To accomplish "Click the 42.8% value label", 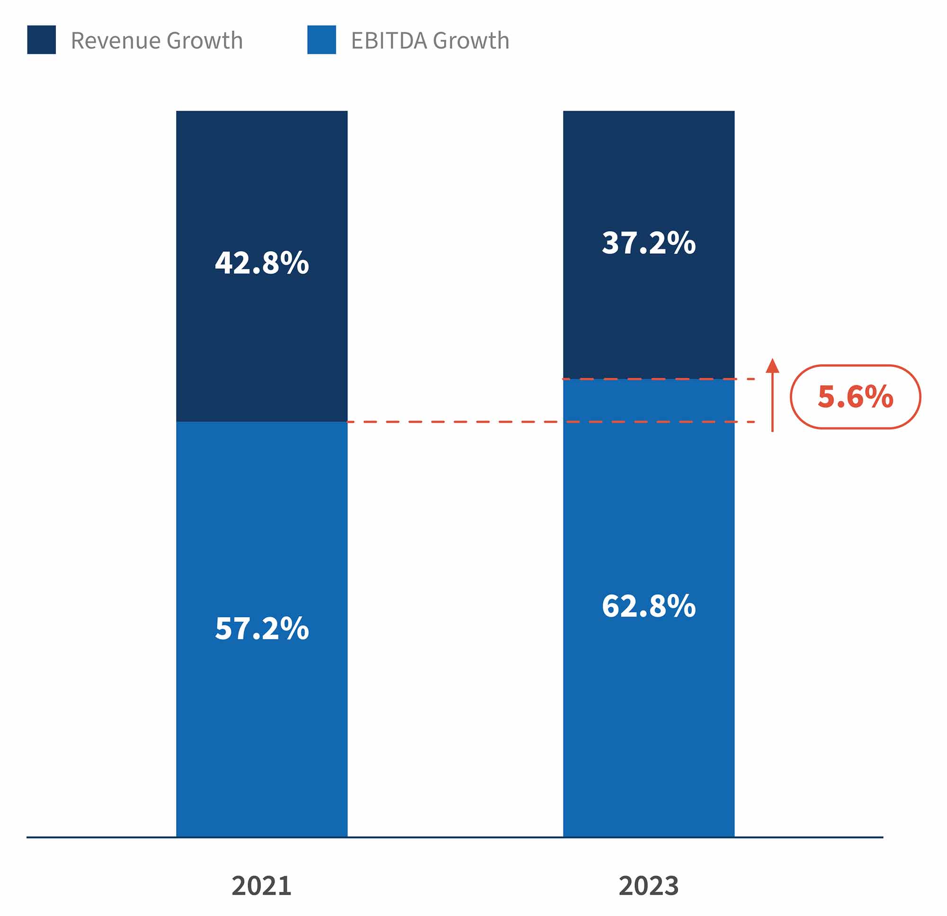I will coord(261,263).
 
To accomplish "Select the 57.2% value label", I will coord(261,629).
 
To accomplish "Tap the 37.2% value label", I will coord(648,242).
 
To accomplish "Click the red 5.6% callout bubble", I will coord(855,397).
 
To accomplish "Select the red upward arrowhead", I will coord(772,366).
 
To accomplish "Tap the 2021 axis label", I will coord(261,886).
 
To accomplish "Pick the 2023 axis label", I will coord(648,886).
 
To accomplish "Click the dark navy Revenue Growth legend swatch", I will coord(42,40).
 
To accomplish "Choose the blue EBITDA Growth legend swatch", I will coord(322,40).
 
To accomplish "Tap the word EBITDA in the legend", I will coord(389,41).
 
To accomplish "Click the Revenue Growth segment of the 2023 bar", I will coord(648,314).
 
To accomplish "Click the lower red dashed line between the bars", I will coord(454,422).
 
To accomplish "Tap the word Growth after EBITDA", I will coord(471,41).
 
